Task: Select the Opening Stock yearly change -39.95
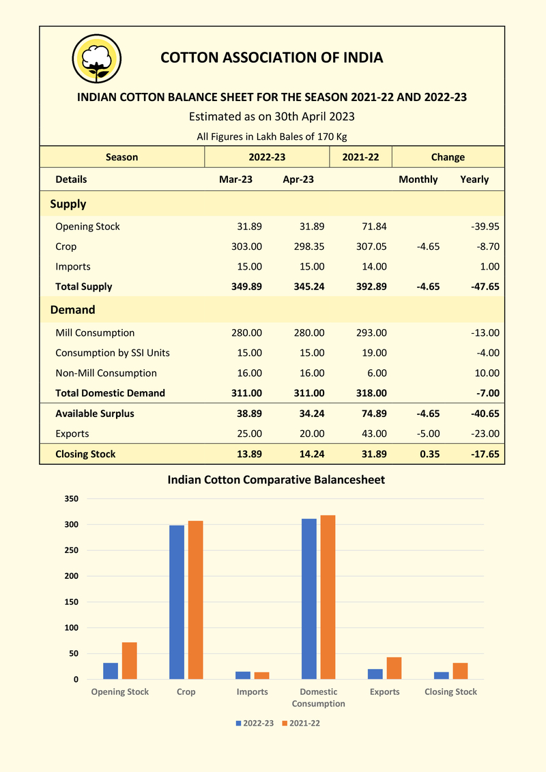point(484,227)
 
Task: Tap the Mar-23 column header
point(236,180)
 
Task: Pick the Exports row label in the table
point(72,433)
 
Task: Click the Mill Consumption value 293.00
point(371,333)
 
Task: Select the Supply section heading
point(68,204)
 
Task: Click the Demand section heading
point(72,310)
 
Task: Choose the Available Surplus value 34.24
point(308,414)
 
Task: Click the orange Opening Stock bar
point(130,661)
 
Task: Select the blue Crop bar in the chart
point(177,602)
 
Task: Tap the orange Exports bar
point(394,668)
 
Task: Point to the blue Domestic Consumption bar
point(309,599)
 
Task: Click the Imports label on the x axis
point(253,692)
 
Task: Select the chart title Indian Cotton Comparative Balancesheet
point(276,480)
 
